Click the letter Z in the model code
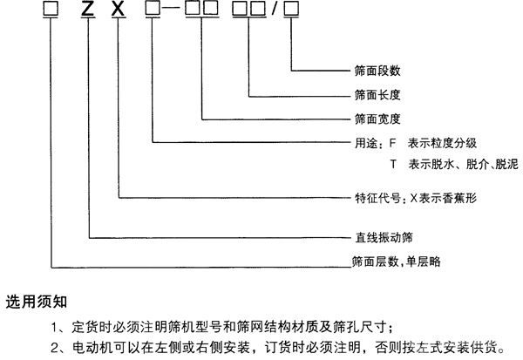coord(88,9)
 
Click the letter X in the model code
coord(118,9)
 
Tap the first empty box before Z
coord(51,8)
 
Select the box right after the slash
coord(291,9)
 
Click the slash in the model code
coord(275,9)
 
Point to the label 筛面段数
coord(377,71)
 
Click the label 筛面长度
coord(377,95)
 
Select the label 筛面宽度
coord(377,119)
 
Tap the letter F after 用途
coord(392,143)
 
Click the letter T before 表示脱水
coord(394,164)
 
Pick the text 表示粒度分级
coord(442,143)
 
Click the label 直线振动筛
coord(384,238)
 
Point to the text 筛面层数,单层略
coord(397,262)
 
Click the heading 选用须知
coord(37,302)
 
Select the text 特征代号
coord(377,198)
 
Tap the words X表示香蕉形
coord(444,198)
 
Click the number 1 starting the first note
coord(55,327)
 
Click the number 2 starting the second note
coord(55,348)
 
